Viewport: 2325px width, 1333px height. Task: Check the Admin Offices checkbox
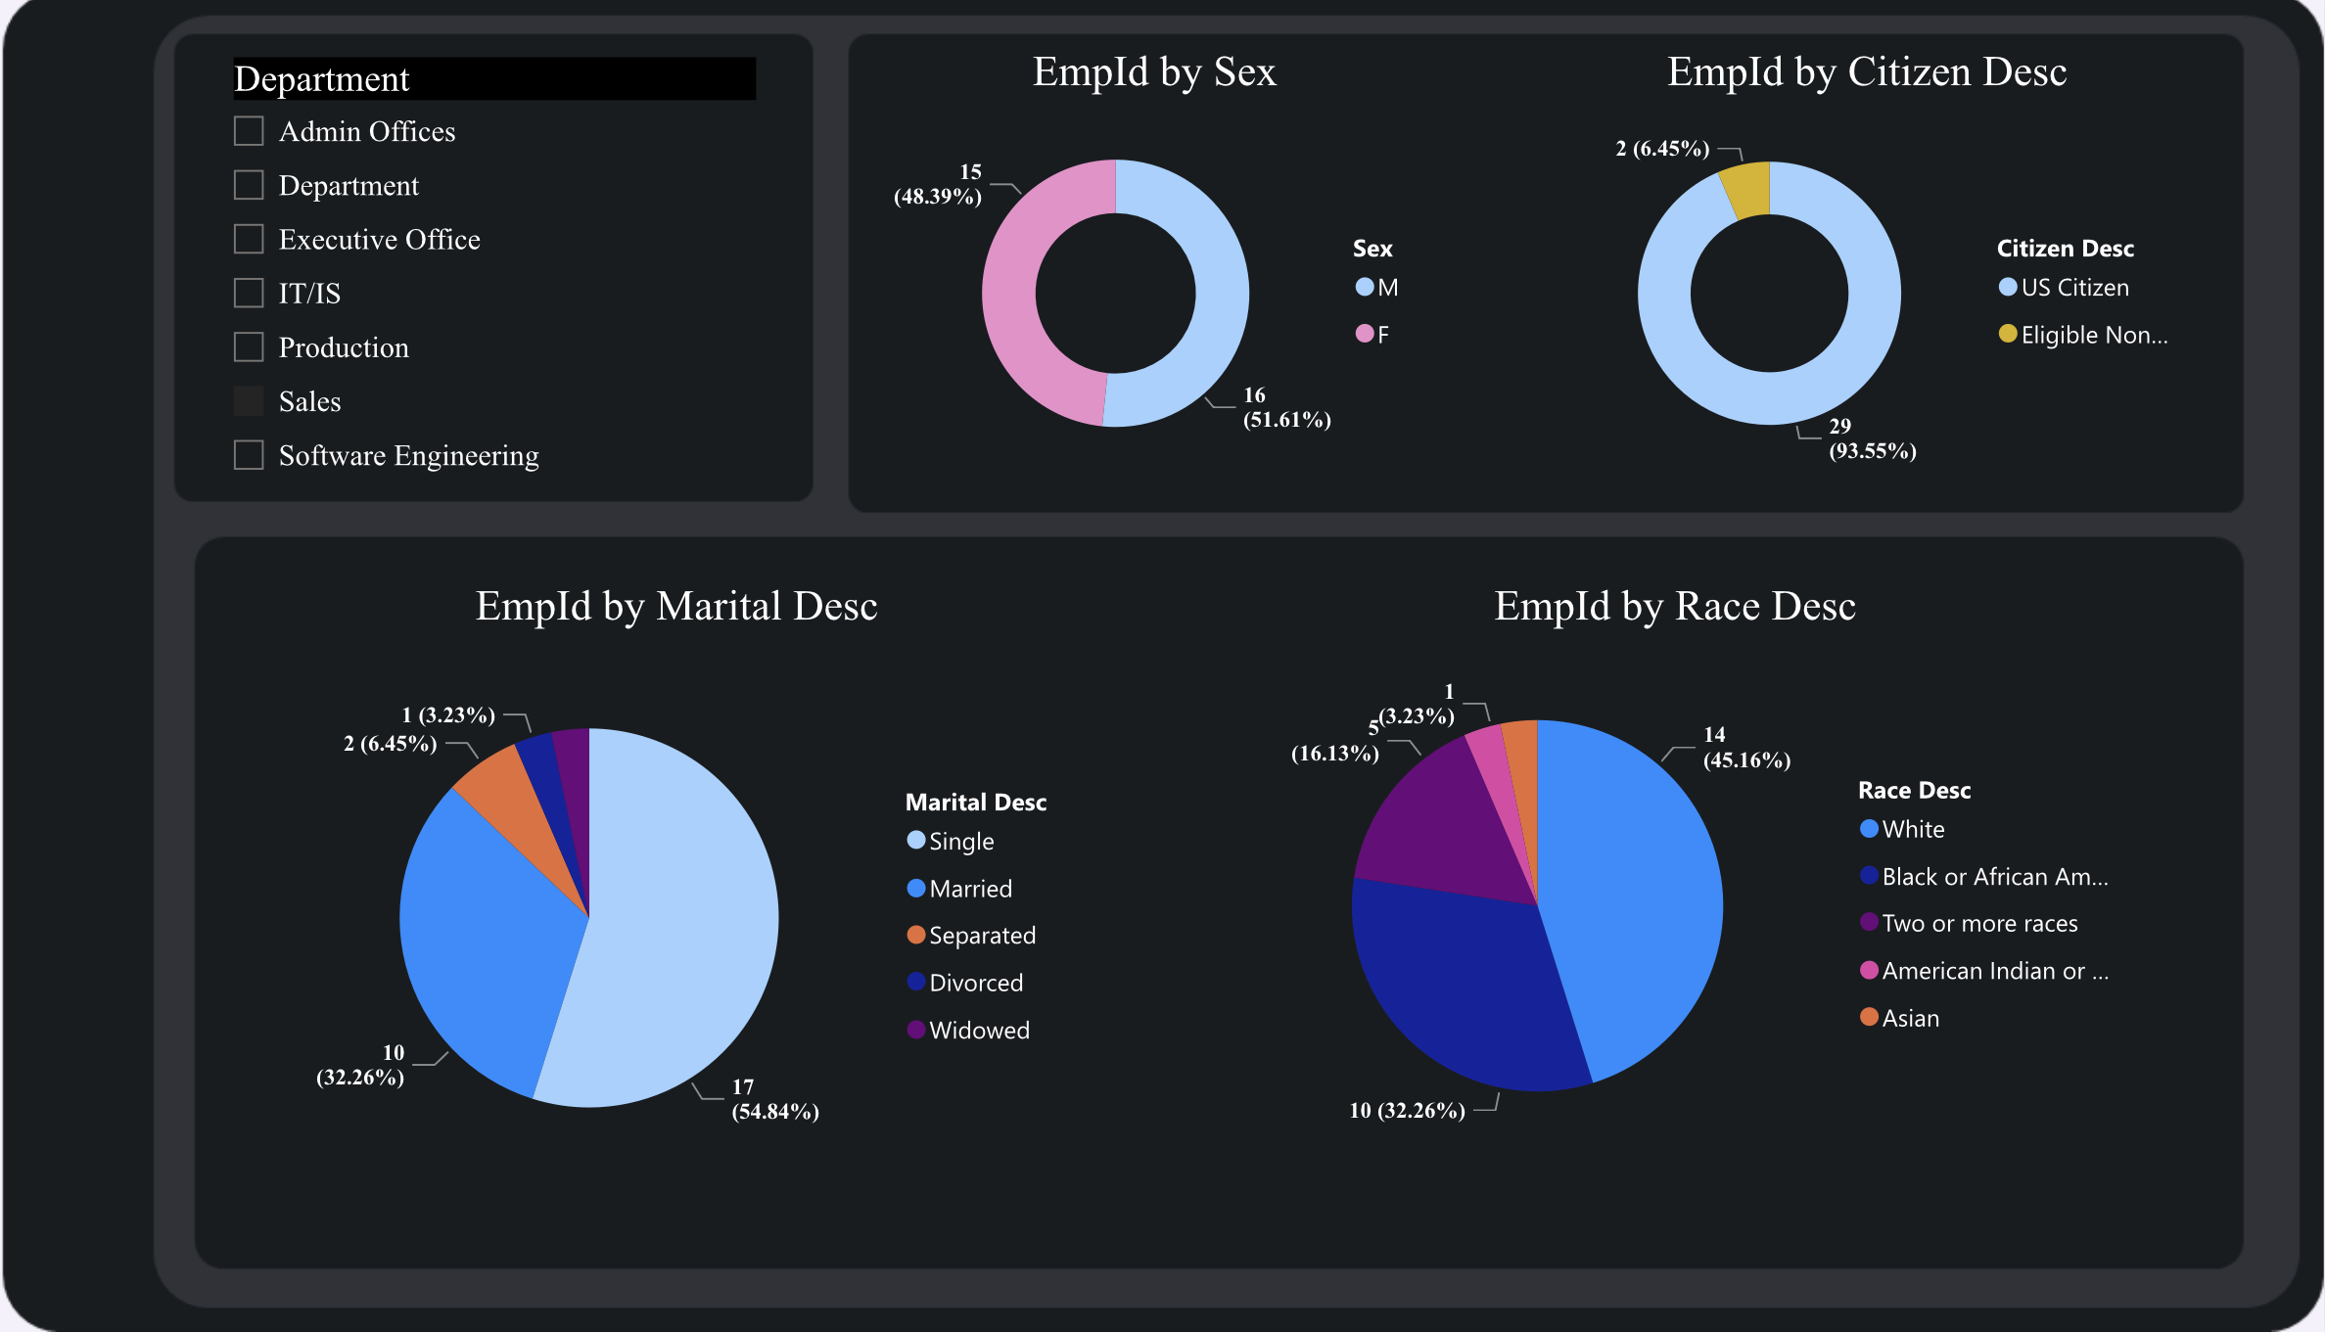click(x=249, y=131)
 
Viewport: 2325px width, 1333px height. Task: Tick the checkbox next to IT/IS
click(x=249, y=293)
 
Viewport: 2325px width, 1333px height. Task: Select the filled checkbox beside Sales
click(x=249, y=400)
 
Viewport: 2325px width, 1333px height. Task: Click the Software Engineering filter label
click(x=408, y=455)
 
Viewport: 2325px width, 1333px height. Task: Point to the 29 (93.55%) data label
click(x=1871, y=438)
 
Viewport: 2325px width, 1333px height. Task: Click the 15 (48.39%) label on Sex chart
click(x=938, y=184)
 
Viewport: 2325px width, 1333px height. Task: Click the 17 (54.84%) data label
click(x=774, y=1099)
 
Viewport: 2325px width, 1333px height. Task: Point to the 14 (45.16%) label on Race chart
click(x=1745, y=748)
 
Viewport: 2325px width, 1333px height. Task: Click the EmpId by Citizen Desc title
click(x=1866, y=72)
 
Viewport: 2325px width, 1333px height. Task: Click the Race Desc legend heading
click(x=1914, y=790)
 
